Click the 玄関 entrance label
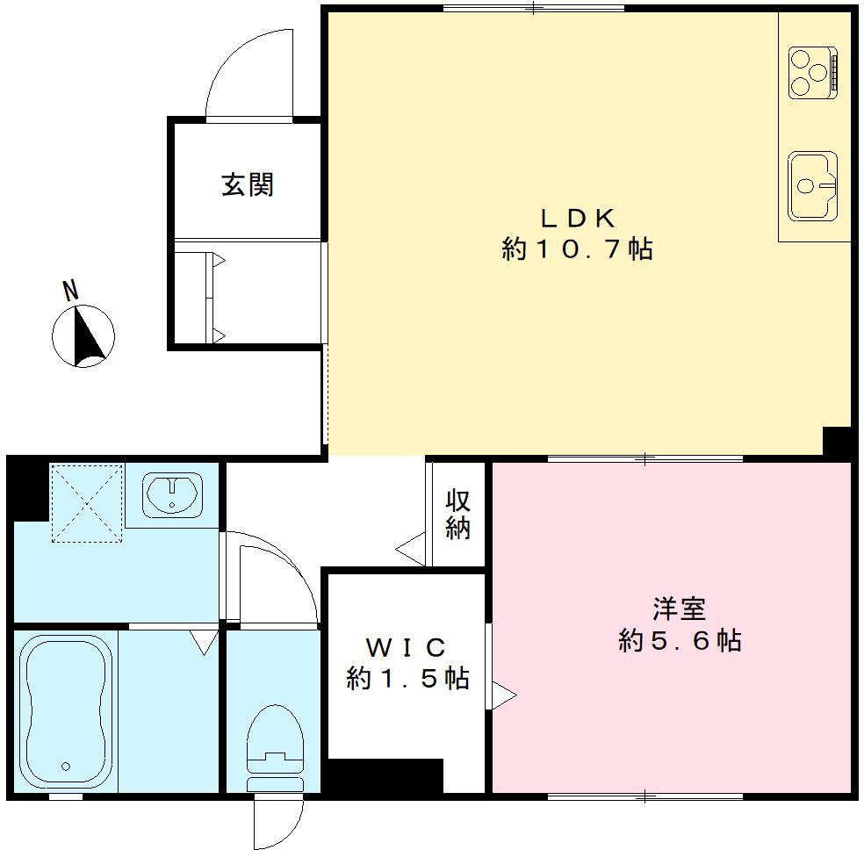(x=248, y=184)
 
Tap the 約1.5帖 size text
(x=407, y=679)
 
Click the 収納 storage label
(x=457, y=515)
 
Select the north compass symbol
(x=83, y=335)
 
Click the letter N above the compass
(x=70, y=291)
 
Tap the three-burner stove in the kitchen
(x=813, y=71)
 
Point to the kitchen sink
(x=812, y=185)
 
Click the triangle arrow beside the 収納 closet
(x=410, y=551)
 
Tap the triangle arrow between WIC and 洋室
(x=503, y=695)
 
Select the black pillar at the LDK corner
(x=837, y=442)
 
